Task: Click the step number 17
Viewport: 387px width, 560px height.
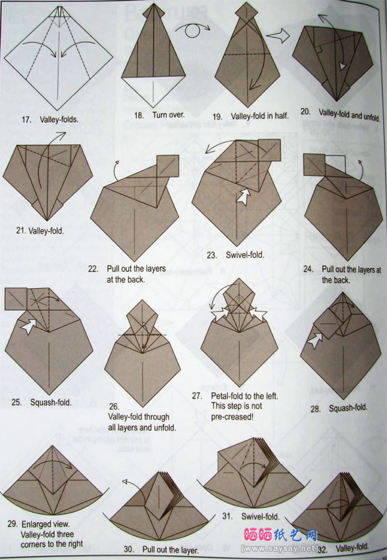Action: point(26,119)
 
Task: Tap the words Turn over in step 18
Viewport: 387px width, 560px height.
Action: point(169,115)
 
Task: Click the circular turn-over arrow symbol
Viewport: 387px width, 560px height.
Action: point(192,30)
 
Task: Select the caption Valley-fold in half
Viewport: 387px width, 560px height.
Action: point(260,116)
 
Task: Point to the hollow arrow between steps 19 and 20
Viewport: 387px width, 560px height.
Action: point(278,36)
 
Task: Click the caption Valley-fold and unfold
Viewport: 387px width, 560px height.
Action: point(349,115)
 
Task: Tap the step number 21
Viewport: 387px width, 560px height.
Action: point(21,231)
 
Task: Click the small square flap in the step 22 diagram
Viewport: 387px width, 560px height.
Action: point(168,165)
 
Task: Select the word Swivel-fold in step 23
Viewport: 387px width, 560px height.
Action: point(245,255)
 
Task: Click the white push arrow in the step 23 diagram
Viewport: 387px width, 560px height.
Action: point(244,197)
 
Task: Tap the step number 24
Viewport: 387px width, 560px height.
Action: point(308,269)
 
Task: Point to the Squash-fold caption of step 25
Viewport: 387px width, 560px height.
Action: point(51,403)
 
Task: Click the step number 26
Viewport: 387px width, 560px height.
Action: point(114,406)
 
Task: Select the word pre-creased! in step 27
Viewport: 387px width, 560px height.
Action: point(232,417)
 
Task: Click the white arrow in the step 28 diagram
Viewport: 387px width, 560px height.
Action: point(315,340)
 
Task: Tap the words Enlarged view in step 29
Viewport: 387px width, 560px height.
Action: point(46,524)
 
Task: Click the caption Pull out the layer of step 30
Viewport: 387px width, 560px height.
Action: point(170,549)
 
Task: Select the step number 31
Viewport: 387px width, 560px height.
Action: point(227,516)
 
